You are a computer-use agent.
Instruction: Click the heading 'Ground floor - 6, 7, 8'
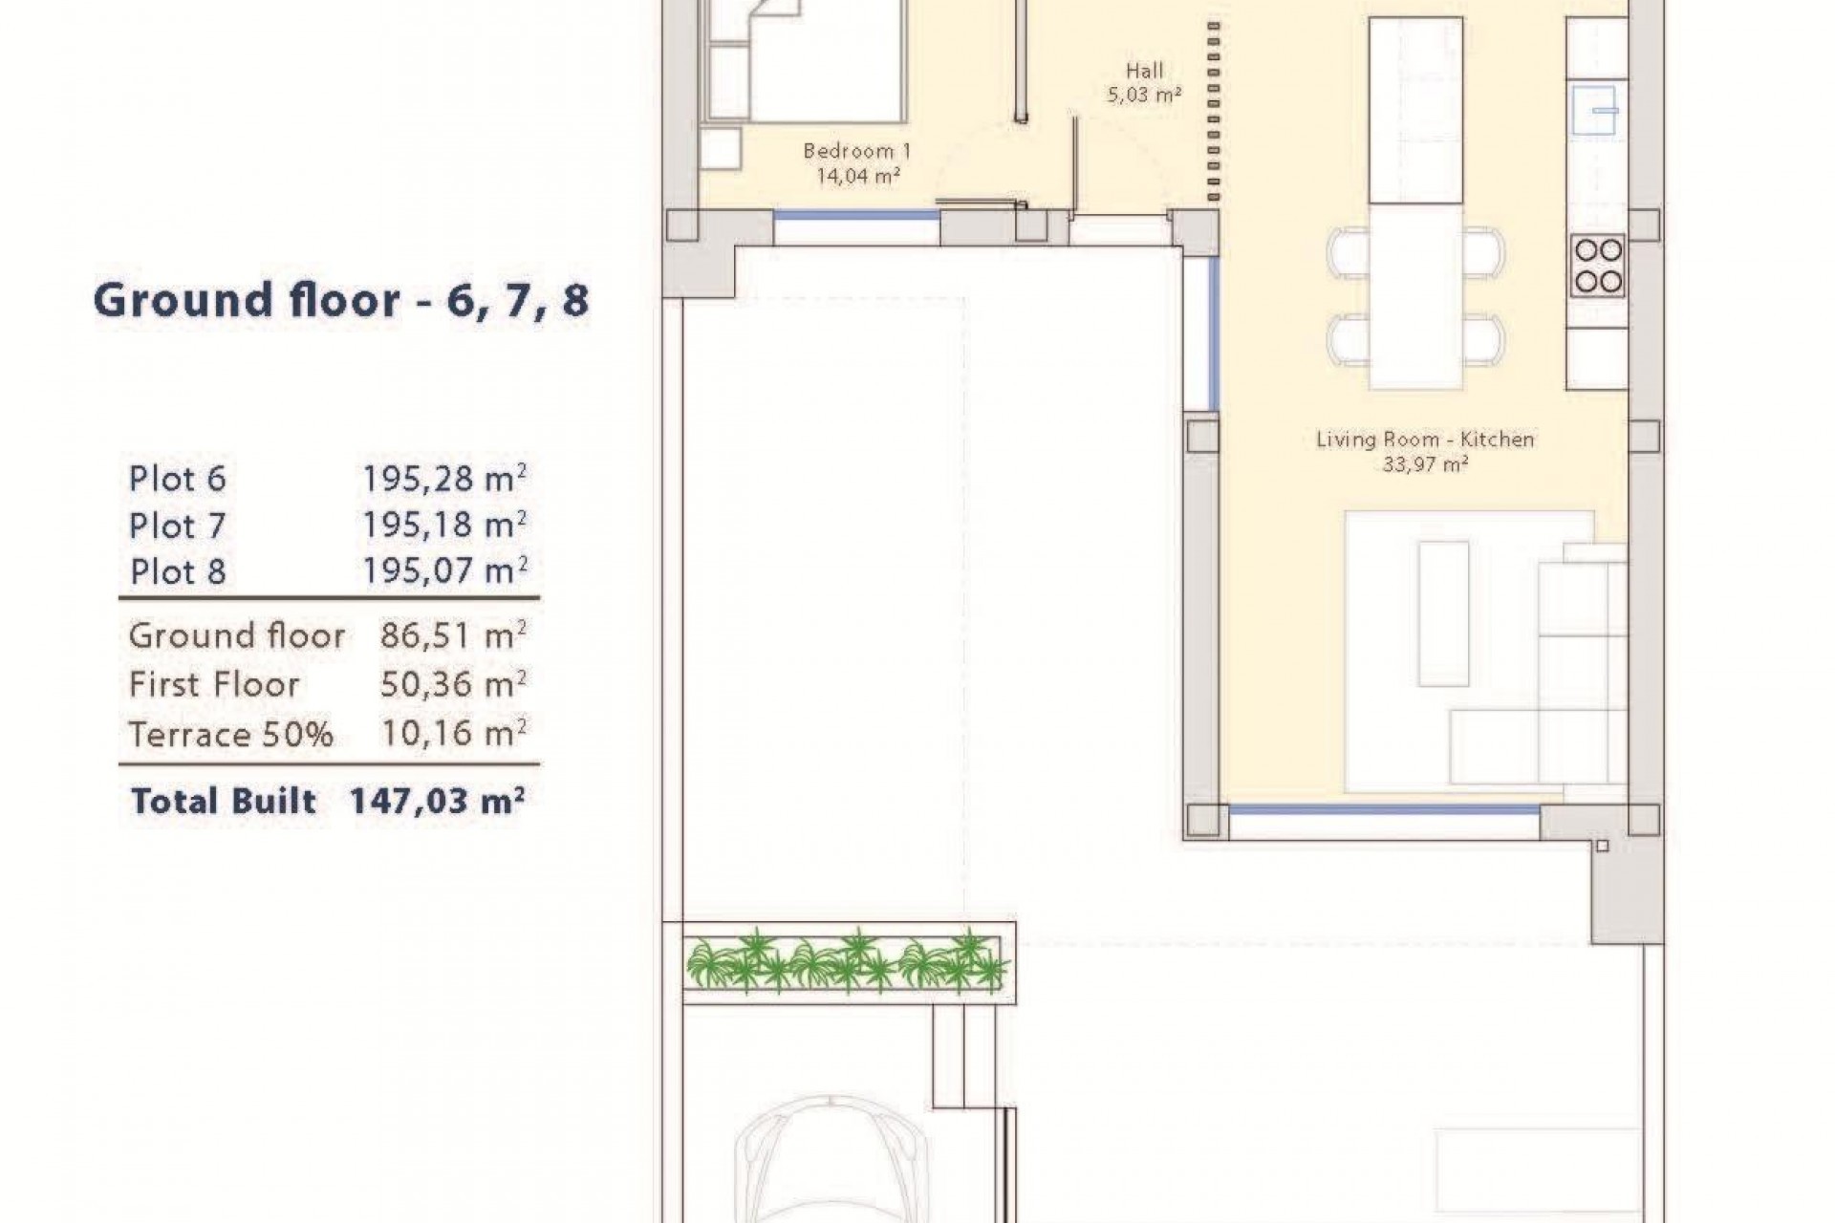tap(341, 300)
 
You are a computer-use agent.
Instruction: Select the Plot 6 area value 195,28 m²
tap(444, 478)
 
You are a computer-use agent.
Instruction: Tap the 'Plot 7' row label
tap(178, 526)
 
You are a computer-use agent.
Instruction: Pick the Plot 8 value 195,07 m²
tap(444, 571)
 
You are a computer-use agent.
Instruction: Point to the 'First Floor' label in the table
tap(214, 684)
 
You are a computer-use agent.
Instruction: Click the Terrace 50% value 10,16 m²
tap(453, 733)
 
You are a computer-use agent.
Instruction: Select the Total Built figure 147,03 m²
tap(437, 801)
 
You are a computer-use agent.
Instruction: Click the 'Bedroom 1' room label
tap(857, 151)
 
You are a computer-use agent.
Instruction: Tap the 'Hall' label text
tap(1144, 71)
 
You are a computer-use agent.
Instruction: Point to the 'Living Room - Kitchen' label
tap(1425, 440)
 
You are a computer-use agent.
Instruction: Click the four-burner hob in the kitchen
tap(1597, 266)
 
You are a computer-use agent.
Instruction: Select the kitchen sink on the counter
tap(1595, 111)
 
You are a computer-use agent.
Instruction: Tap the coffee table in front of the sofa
tap(1443, 613)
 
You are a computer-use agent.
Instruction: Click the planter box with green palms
tap(846, 961)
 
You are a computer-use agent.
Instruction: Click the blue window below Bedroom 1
tap(856, 216)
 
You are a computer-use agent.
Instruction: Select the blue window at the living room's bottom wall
tap(1383, 810)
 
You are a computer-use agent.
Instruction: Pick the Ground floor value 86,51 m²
tap(453, 635)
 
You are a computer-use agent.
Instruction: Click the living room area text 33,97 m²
tap(1425, 465)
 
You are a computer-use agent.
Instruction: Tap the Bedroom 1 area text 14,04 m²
tap(857, 176)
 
